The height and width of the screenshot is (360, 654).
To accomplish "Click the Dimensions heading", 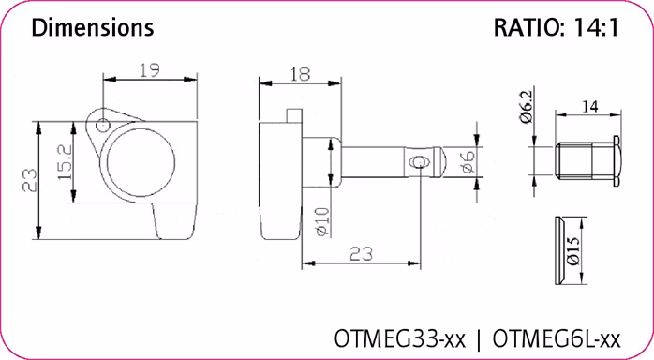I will (x=93, y=28).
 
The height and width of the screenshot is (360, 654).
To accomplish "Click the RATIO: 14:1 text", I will (x=556, y=28).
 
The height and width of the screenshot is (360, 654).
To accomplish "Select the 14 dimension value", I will (x=589, y=108).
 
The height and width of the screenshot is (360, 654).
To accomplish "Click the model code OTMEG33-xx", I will (x=401, y=336).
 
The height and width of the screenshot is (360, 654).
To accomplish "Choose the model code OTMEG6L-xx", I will (x=557, y=336).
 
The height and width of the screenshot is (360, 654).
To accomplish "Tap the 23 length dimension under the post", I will (x=361, y=253).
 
